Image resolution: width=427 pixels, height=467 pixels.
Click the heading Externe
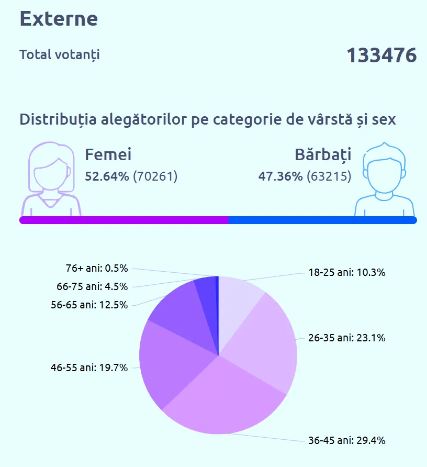click(59, 19)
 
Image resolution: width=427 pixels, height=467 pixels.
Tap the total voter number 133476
click(381, 55)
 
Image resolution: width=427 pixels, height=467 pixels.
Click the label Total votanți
click(59, 54)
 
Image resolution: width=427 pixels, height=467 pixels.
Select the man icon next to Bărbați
click(385, 180)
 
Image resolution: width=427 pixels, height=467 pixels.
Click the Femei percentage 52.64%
click(107, 176)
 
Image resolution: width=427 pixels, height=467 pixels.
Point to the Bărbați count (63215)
click(329, 176)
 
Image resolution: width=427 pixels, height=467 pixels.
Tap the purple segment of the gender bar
click(123, 220)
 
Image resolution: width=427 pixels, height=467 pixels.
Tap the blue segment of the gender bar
click(322, 220)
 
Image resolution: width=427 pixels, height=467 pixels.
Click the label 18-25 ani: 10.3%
click(346, 272)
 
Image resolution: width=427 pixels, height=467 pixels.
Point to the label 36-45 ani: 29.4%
click(346, 440)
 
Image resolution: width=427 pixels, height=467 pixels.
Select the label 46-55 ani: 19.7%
click(89, 368)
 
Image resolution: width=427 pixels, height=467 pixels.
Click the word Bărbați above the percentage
click(323, 154)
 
